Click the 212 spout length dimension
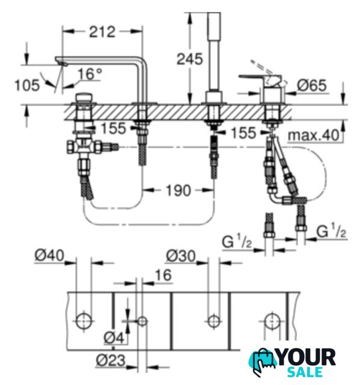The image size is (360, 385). pos(102,32)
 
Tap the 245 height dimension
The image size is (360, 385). pos(190,59)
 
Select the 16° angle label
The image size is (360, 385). pos(90,74)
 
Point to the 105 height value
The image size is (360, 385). pos(27,85)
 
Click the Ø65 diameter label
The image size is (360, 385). pos(312,85)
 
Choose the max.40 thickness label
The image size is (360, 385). pos(314,135)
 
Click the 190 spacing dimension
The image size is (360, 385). pos(178,190)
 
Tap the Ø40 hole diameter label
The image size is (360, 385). pos(49,255)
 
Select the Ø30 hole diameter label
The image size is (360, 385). pos(181,256)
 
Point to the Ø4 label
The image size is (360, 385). pos(114,338)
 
